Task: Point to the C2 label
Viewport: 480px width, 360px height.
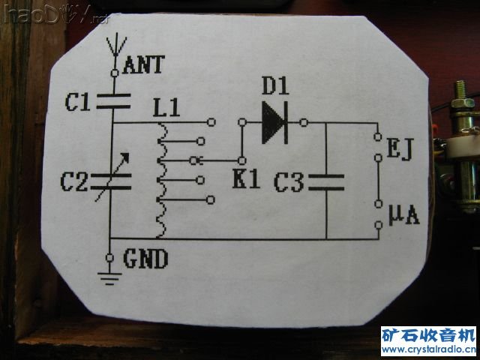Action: pos(77,180)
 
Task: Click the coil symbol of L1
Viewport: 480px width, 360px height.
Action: pos(160,180)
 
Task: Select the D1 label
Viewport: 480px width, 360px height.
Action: pos(274,88)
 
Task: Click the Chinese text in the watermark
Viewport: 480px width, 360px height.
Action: pos(428,335)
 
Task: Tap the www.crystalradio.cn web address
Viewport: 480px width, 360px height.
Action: pos(428,350)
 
